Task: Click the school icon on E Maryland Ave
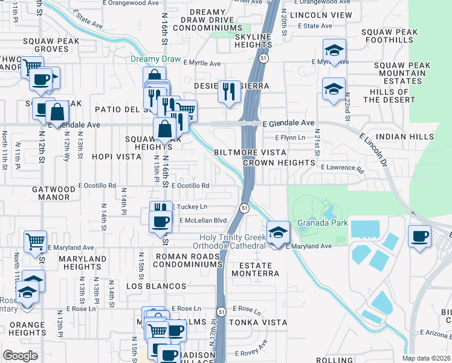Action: pos(277,232)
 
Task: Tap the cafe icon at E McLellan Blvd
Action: pos(160,221)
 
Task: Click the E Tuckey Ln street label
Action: pos(191,207)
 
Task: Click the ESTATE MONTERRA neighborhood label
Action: pos(259,269)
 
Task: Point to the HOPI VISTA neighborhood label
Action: pos(115,155)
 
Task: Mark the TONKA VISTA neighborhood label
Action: pos(266,322)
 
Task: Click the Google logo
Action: pos(21,356)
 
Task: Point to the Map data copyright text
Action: pos(426,358)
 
